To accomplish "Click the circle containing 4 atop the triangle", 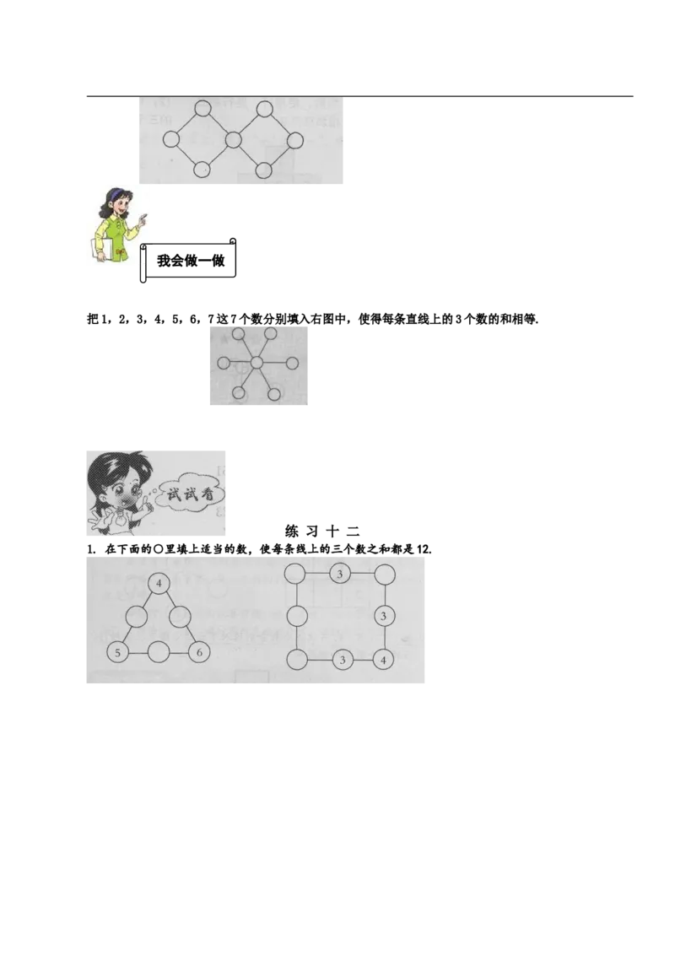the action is click(159, 584).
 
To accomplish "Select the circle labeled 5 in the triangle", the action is click(117, 652).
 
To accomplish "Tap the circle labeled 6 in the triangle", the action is click(199, 652).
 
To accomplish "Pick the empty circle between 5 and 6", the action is click(159, 652).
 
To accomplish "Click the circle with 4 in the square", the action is click(383, 660).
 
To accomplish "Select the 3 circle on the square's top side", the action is click(340, 574).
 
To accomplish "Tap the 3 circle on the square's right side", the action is click(383, 616).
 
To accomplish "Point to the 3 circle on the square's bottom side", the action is click(343, 660).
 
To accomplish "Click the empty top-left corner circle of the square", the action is click(295, 574).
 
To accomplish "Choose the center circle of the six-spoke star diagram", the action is click(257, 363).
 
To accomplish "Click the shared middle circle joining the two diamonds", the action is click(234, 140).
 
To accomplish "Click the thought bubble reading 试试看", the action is click(190, 495).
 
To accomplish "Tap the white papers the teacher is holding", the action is click(101, 249).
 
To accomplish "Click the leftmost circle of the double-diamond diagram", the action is click(171, 139).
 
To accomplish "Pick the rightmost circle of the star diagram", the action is click(292, 364).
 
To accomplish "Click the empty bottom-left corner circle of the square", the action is click(297, 660).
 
